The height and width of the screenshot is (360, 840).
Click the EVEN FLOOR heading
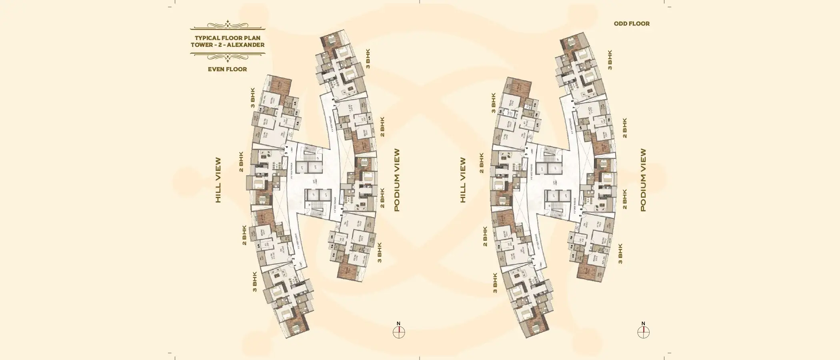tap(227, 69)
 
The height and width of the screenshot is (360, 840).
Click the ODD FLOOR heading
tap(632, 24)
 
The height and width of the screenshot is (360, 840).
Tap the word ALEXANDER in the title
tap(246, 45)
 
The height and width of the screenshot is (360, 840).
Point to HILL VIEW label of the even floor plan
tap(218, 180)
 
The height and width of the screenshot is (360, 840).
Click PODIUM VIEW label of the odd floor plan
tap(643, 180)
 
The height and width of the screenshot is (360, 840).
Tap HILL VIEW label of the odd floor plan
tap(463, 180)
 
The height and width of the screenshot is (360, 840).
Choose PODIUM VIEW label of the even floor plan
tap(397, 180)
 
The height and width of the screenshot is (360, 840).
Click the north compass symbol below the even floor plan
tap(399, 332)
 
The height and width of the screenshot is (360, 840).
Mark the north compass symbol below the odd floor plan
tap(643, 332)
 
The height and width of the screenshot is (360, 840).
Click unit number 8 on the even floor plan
tap(333, 100)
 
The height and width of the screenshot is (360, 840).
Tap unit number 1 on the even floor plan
tap(295, 266)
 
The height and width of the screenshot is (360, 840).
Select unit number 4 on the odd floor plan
tap(527, 148)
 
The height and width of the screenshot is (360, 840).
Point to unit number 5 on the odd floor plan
tap(580, 216)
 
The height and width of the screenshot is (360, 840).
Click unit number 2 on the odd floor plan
tap(533, 259)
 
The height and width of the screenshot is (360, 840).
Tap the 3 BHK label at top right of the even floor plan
tap(368, 59)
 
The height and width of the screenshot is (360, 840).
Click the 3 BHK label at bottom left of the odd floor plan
tap(495, 283)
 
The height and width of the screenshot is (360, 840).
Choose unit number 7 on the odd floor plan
tap(574, 107)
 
